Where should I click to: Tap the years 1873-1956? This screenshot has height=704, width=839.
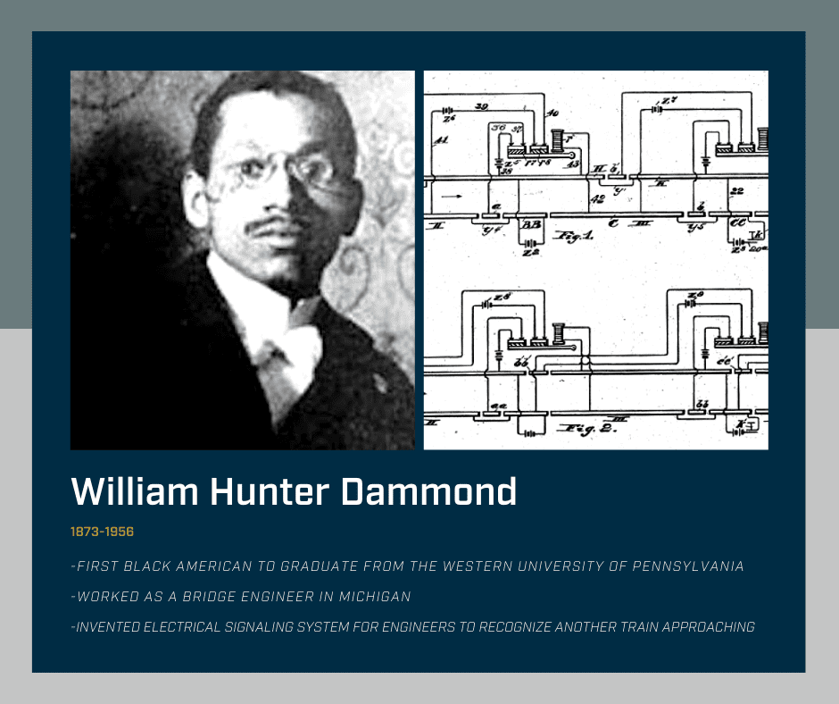pos(102,532)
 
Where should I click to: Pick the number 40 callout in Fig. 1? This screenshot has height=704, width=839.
pos(552,113)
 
